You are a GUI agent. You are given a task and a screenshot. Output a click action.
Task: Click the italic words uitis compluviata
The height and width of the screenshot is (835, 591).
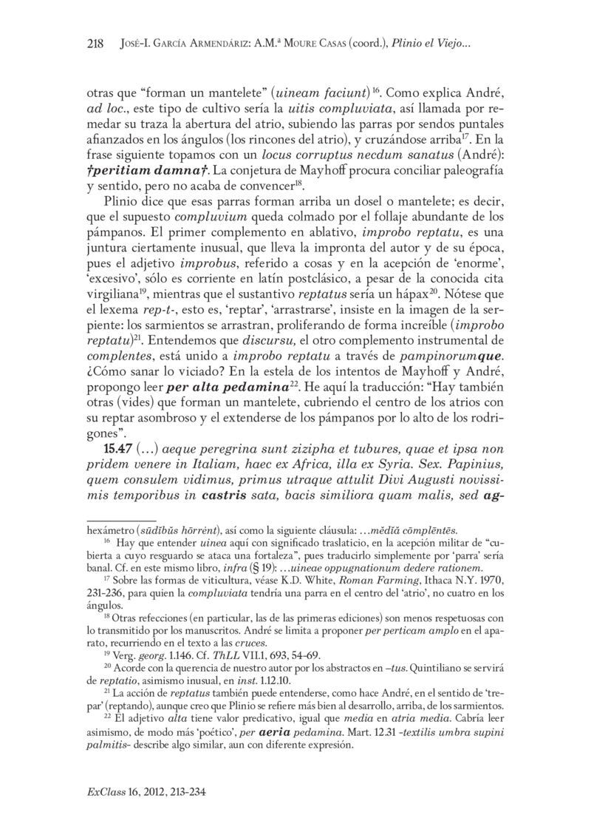coord(340,109)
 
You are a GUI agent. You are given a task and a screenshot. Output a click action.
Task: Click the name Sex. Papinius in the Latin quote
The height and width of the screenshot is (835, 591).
coord(460,466)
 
